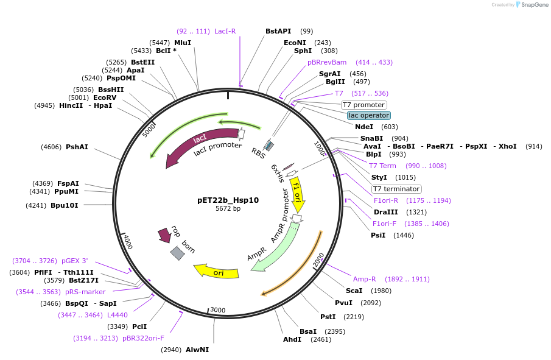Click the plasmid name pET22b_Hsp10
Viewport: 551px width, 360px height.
(x=228, y=199)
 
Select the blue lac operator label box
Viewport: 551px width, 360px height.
(x=369, y=115)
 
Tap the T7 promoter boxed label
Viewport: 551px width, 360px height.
(x=363, y=105)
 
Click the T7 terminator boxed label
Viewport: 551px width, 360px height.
(x=396, y=189)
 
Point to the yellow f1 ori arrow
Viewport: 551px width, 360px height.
(x=297, y=194)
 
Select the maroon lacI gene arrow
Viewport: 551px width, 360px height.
(x=192, y=145)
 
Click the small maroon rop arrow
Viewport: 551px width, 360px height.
(x=164, y=235)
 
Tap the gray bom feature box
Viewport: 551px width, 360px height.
(x=177, y=253)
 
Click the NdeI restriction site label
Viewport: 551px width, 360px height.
(x=364, y=127)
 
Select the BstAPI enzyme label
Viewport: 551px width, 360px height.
(x=278, y=31)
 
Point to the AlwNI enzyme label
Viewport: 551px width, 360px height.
(x=197, y=350)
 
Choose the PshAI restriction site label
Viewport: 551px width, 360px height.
(x=77, y=147)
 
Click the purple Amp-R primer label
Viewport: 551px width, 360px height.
(x=365, y=279)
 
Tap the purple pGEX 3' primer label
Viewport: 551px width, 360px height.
(x=74, y=261)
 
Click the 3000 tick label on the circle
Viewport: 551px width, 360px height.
(x=217, y=310)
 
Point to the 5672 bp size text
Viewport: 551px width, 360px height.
(x=228, y=208)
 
